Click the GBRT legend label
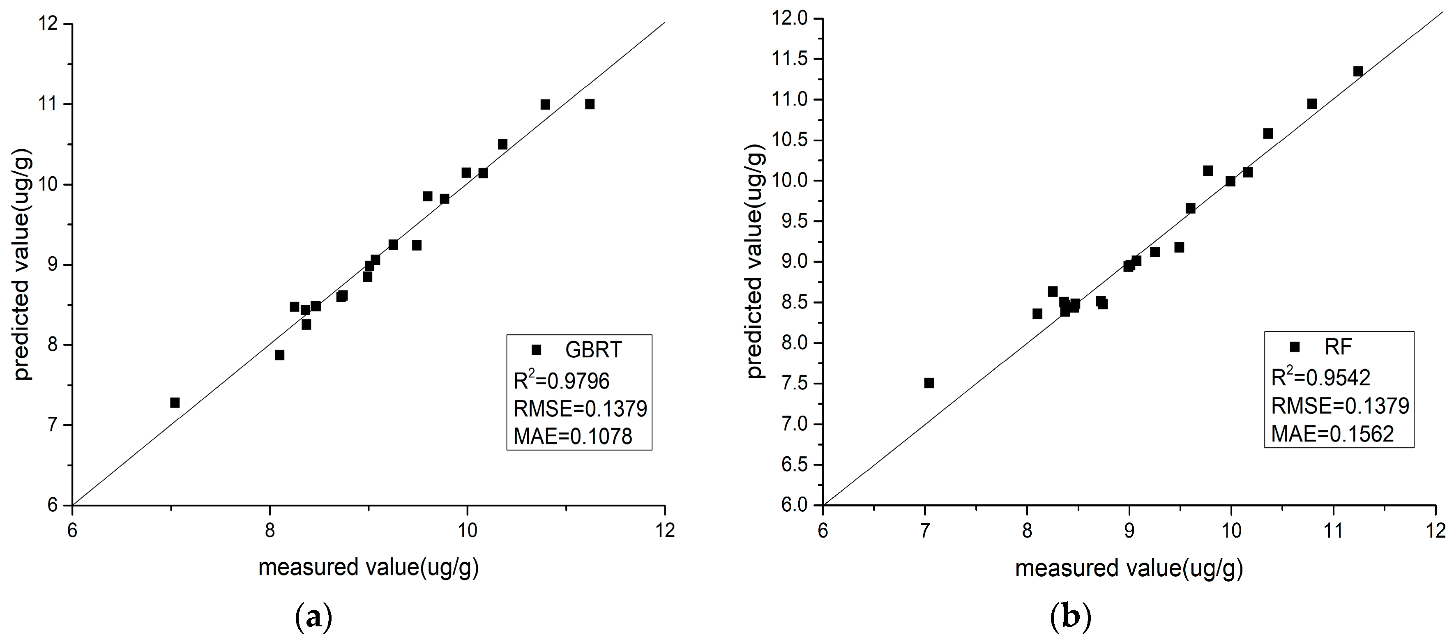click(593, 350)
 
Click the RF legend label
click(1338, 347)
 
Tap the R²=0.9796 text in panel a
click(561, 381)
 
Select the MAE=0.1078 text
click(572, 436)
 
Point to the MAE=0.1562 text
click(1332, 433)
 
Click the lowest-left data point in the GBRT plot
click(175, 402)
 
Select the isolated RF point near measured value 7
click(929, 383)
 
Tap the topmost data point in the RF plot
click(1358, 71)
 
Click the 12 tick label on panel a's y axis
click(50, 24)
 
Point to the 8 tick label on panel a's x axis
click(270, 531)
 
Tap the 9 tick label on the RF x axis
click(1129, 531)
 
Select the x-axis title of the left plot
click(369, 567)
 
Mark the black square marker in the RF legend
click(1295, 347)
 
